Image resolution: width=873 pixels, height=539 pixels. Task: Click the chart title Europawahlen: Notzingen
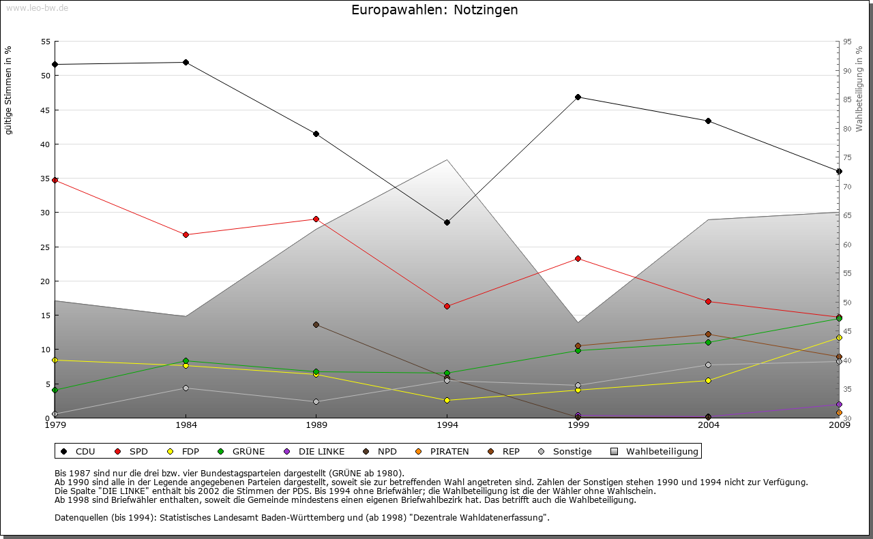click(434, 10)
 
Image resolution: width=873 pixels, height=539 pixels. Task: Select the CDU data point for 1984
click(186, 62)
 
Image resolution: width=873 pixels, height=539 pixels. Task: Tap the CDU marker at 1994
click(447, 222)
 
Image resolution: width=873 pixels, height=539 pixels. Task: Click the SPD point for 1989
click(316, 219)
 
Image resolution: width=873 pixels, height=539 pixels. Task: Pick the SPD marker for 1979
click(55, 180)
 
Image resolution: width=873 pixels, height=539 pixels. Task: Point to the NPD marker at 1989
click(316, 324)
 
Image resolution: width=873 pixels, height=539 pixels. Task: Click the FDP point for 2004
click(708, 380)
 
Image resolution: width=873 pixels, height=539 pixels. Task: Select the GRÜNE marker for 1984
click(186, 360)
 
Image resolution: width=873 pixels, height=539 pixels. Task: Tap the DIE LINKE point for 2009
click(839, 404)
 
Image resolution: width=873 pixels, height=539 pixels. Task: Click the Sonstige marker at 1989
click(316, 401)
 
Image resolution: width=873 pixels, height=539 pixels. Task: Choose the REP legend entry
click(504, 451)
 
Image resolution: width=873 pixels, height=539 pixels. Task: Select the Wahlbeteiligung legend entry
click(655, 451)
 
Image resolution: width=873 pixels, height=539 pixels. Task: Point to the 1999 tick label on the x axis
click(578, 426)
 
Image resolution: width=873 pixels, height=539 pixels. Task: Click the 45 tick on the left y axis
click(45, 110)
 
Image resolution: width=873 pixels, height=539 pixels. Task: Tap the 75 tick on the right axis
click(846, 157)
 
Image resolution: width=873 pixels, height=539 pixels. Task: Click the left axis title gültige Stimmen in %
click(8, 90)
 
